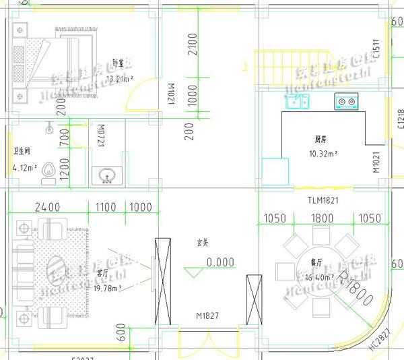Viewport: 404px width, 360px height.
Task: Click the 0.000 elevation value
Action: tap(221, 262)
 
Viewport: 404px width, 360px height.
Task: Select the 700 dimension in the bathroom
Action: tap(64, 138)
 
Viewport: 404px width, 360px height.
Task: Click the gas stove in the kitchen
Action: tap(346, 102)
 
